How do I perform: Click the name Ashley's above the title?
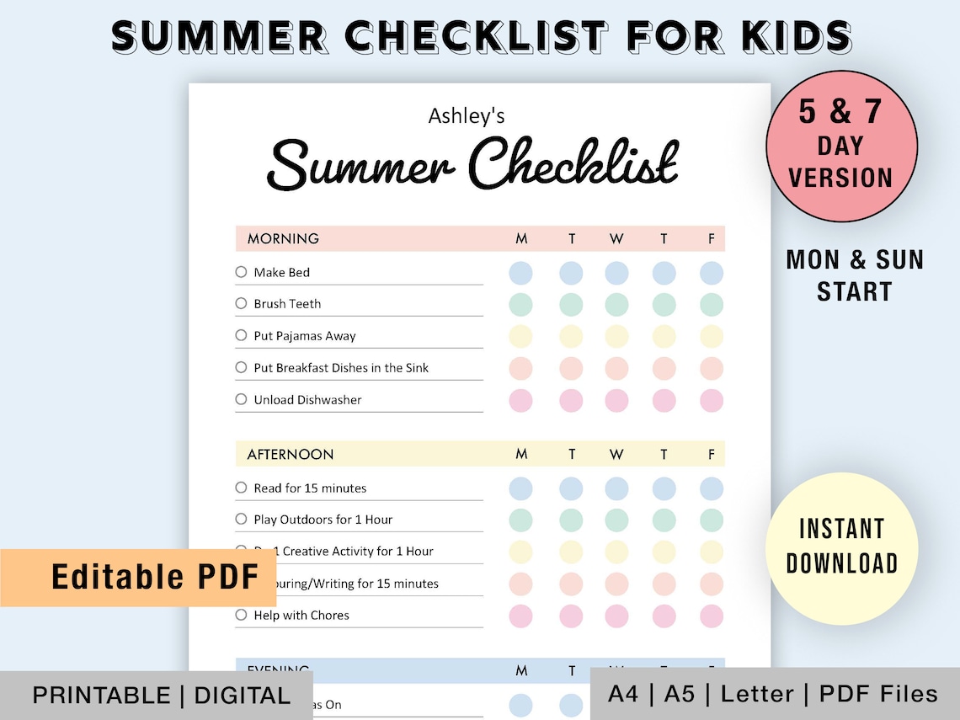pyautogui.click(x=467, y=115)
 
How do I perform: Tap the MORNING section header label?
pyautogui.click(x=283, y=239)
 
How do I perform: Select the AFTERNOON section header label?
pyautogui.click(x=291, y=455)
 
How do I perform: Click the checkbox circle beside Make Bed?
pyautogui.click(x=242, y=272)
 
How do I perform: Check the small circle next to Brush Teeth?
pyautogui.click(x=242, y=303)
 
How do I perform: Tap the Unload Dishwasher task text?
pyautogui.click(x=307, y=400)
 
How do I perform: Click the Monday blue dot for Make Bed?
pyautogui.click(x=521, y=273)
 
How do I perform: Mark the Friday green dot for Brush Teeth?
pyautogui.click(x=712, y=304)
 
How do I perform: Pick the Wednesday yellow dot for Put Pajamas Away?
pyautogui.click(x=616, y=336)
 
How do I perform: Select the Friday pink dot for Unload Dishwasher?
pyautogui.click(x=712, y=401)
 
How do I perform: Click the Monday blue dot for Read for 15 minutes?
pyautogui.click(x=521, y=488)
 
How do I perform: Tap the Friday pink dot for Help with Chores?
pyautogui.click(x=712, y=616)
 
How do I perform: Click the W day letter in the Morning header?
pyautogui.click(x=616, y=239)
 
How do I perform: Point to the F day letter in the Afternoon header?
pyautogui.click(x=712, y=455)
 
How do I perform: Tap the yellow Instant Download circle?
pyautogui.click(x=841, y=547)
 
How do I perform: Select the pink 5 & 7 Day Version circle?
pyautogui.click(x=841, y=145)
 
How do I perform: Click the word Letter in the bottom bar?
pyautogui.click(x=757, y=695)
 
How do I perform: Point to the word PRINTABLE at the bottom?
pyautogui.click(x=101, y=696)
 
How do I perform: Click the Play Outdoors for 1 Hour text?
pyautogui.click(x=323, y=520)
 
